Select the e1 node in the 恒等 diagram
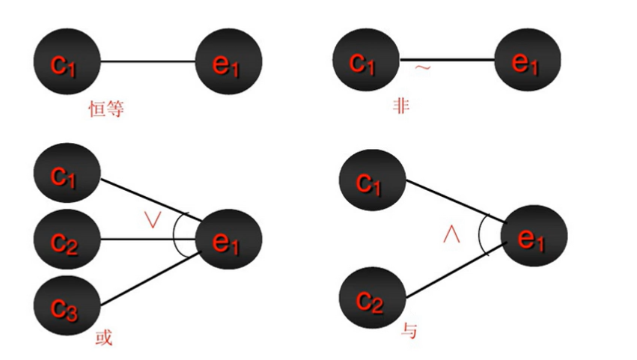click(x=228, y=63)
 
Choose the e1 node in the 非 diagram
click(x=527, y=63)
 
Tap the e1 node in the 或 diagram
click(x=228, y=240)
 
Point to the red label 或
click(x=105, y=338)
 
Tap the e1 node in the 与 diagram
click(x=534, y=238)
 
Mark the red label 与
click(x=409, y=330)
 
